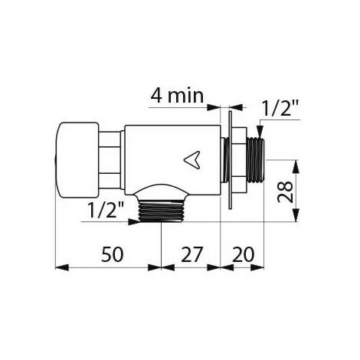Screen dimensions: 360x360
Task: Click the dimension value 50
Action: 113,254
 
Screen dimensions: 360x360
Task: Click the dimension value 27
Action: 191,254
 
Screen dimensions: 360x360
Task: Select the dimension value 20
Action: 243,254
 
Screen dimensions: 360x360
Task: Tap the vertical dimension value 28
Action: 285,191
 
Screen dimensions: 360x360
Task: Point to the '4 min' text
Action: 177,96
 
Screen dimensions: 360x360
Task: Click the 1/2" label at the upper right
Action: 280,107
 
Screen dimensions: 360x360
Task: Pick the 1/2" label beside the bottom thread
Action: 106,209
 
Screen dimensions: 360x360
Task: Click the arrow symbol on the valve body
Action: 192,160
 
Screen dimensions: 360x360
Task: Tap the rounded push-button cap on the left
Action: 77,160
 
